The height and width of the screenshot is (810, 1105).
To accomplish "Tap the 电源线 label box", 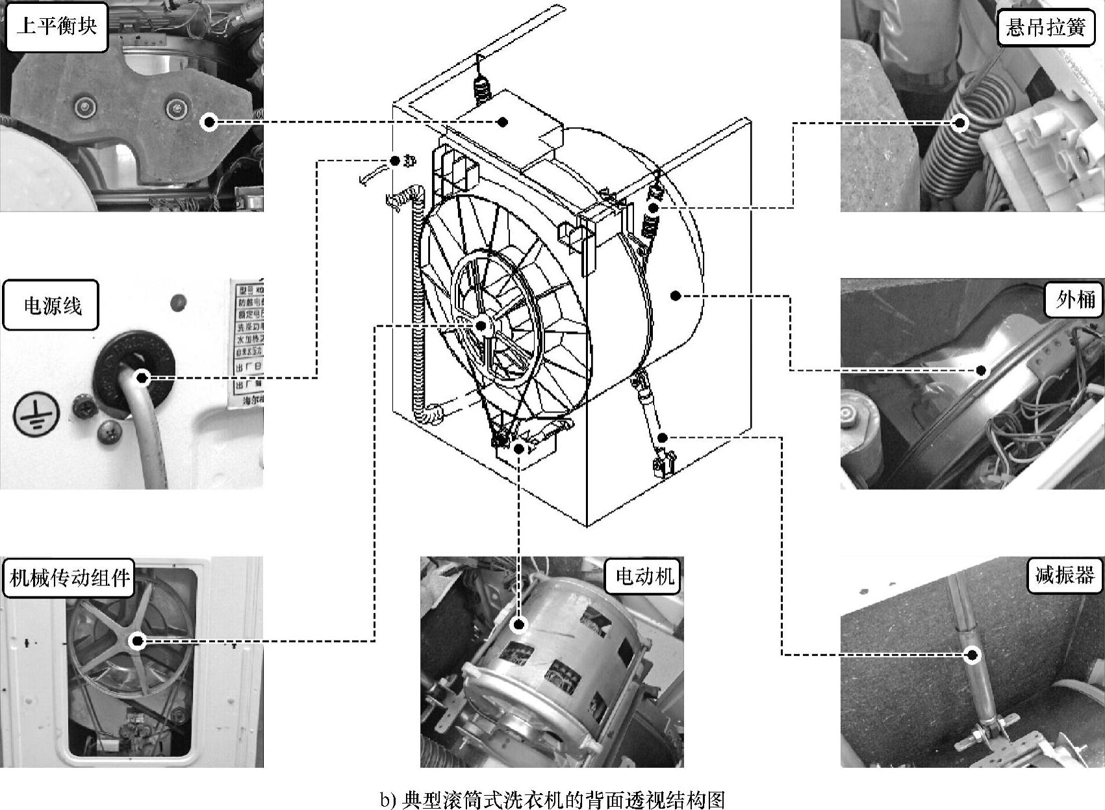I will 52,305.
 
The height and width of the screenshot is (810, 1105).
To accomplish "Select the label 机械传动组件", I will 69,577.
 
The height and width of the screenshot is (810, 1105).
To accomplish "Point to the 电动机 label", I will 644,575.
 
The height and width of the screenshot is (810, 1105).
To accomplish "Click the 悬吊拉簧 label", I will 1046,28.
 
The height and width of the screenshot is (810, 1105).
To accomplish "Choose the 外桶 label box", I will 1075,299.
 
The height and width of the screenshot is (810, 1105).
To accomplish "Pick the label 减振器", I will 1065,575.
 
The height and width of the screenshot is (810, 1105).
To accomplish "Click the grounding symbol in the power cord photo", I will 36,414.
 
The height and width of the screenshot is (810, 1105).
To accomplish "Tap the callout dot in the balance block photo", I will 209,121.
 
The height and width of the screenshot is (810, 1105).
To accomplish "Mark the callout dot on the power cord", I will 142,377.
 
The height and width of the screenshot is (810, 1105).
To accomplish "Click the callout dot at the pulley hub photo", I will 137,641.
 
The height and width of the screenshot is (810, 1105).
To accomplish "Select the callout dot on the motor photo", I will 518,625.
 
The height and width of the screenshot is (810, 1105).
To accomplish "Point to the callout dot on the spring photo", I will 960,122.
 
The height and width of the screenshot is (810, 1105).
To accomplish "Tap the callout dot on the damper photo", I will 972,655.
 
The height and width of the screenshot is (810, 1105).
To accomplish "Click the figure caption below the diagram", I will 552,799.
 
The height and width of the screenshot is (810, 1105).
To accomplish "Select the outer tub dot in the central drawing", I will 676,296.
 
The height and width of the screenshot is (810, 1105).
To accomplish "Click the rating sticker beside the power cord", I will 247,344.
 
